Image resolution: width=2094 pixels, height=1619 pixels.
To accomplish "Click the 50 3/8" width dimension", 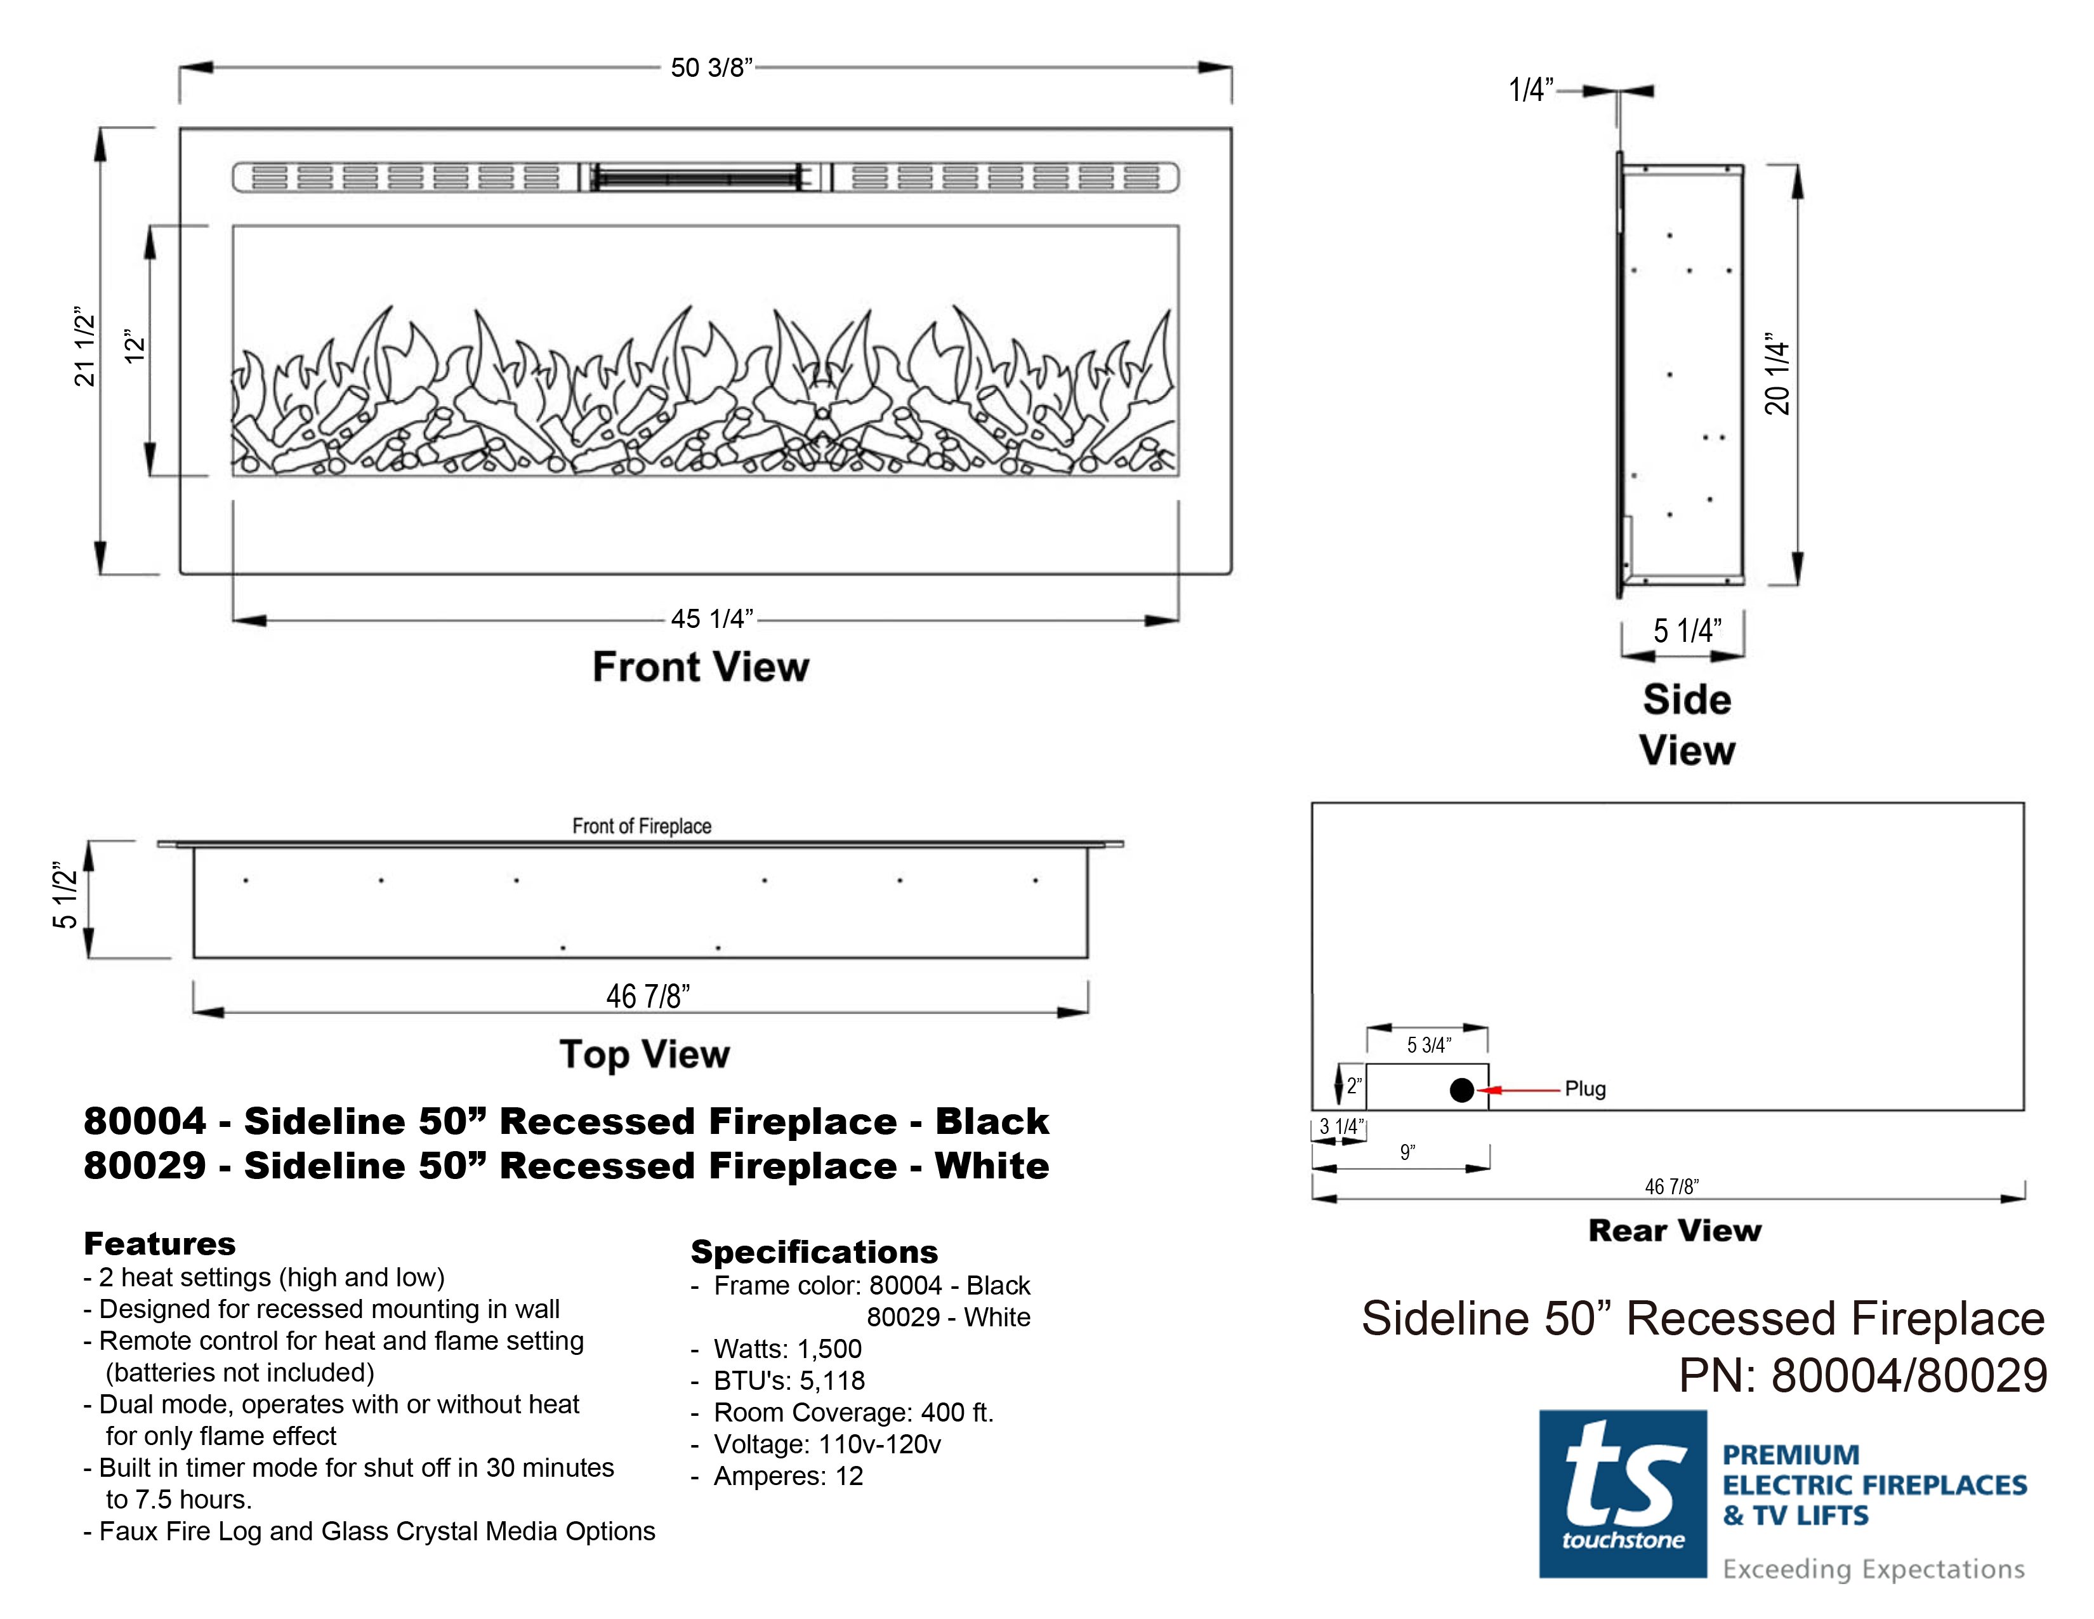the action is pos(711,68).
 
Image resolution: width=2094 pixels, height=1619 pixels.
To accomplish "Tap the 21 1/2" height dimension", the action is pos(85,347).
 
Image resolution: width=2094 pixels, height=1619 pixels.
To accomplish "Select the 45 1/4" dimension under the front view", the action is pos(711,618).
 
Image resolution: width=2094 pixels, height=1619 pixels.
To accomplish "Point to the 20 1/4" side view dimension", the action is pos(1777,373).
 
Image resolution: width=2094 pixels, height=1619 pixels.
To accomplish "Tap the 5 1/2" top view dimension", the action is pos(64,895).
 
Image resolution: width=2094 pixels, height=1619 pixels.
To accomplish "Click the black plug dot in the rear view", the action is pos(1461,1089).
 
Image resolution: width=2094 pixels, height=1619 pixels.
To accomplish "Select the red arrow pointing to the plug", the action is pos(1520,1089).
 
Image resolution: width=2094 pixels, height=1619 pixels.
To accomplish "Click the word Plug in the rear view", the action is pos(1585,1089).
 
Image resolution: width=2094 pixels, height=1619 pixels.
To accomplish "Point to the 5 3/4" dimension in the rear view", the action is pos(1428,1044).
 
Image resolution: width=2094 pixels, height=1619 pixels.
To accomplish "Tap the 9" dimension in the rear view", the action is pos(1407,1152).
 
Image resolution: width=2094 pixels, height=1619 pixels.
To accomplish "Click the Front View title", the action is pos(701,667).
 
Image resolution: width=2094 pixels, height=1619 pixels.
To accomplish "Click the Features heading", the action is pos(159,1244).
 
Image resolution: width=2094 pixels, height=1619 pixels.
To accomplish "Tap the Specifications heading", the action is pos(814,1251).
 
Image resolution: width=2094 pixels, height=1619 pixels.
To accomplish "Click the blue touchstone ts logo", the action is pos(1623,1493).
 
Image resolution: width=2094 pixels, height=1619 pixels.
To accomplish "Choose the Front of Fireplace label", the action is pos(642,826).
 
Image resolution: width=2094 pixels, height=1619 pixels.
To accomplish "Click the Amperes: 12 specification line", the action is pos(777,1476).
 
